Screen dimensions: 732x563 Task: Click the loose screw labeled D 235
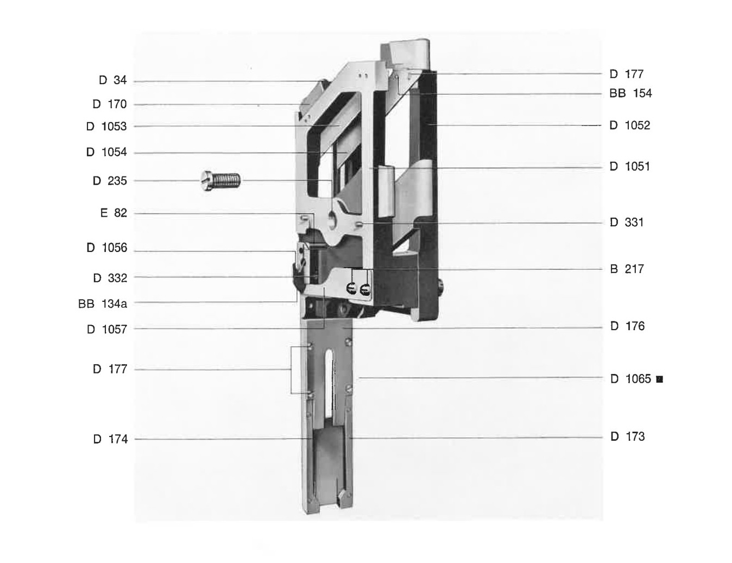[220, 181]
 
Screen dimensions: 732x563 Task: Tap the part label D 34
[113, 80]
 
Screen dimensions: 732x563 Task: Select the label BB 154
[630, 93]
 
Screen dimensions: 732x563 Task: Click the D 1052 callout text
[630, 125]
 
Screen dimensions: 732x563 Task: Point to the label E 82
[113, 213]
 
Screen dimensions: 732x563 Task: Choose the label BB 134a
[103, 303]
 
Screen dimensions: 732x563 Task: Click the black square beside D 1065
[660, 379]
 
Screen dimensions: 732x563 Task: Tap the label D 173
[628, 437]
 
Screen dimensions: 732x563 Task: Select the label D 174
[110, 439]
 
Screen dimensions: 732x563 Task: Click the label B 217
[627, 269]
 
